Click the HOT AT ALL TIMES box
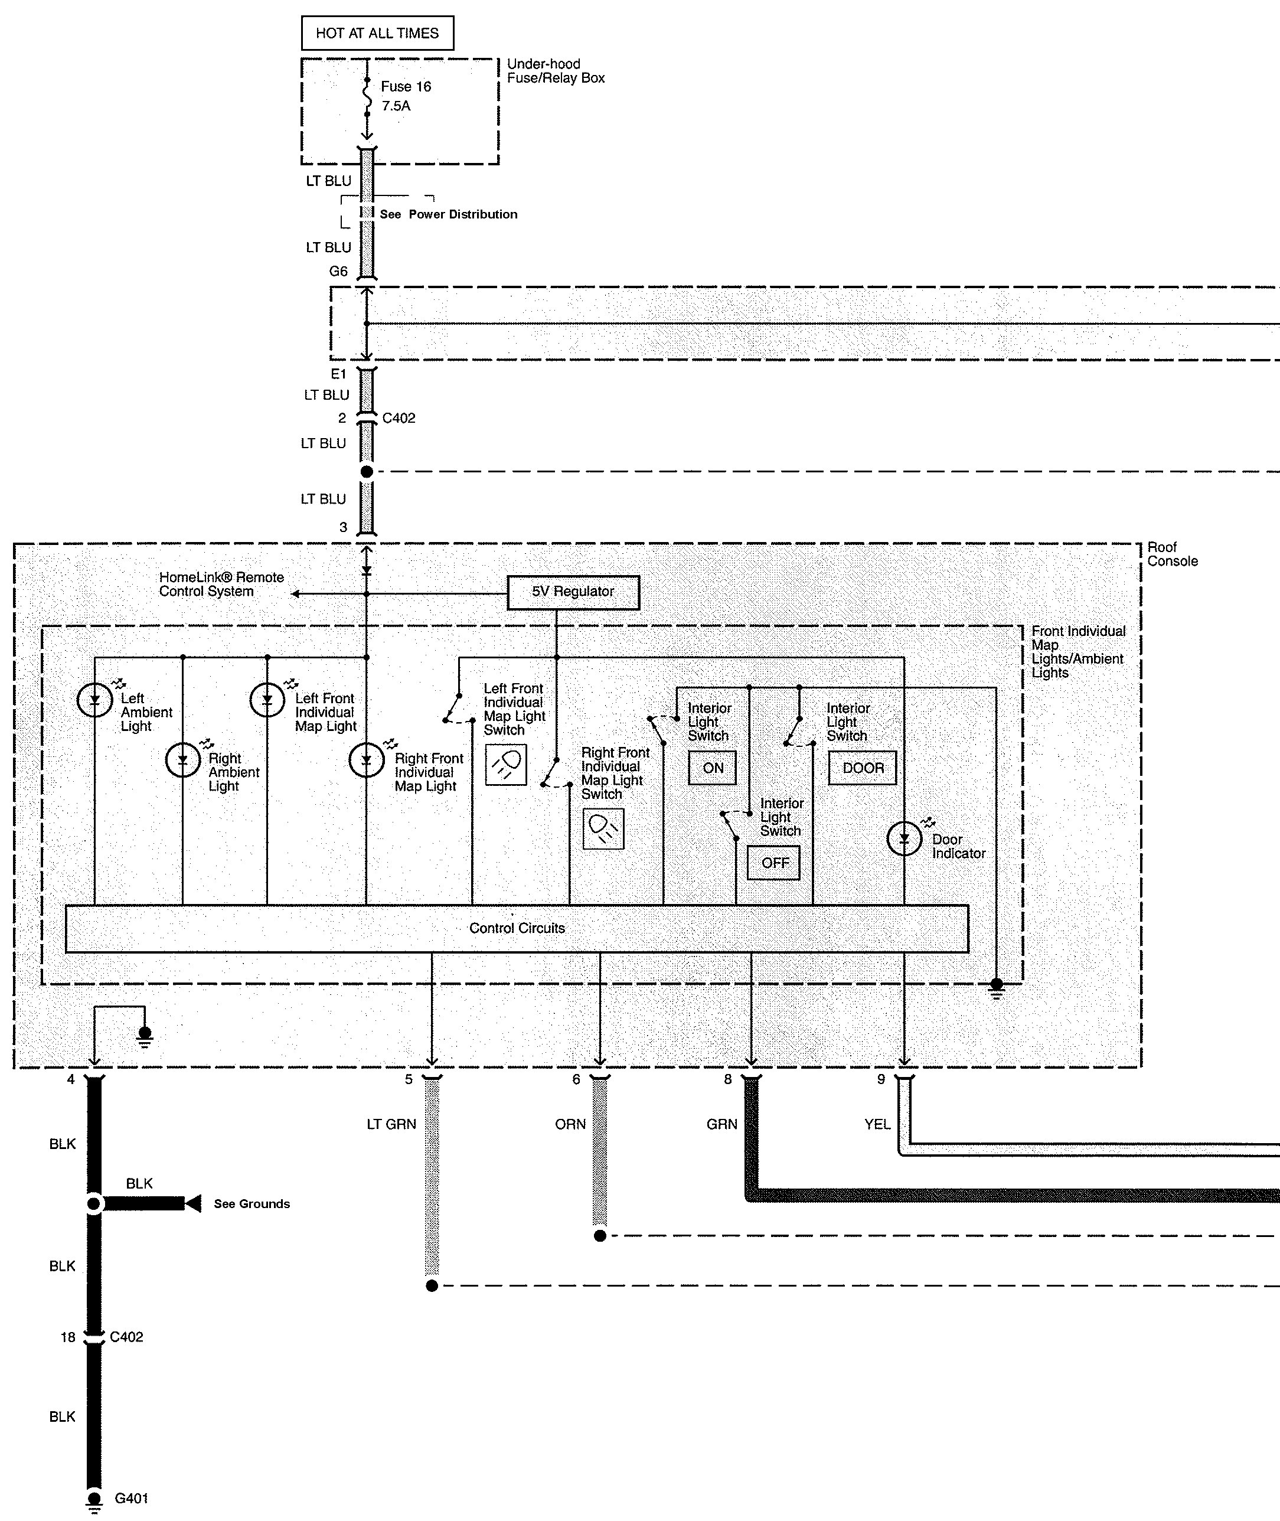point(377,34)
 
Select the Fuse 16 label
point(406,86)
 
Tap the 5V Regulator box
point(573,592)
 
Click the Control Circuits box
point(517,928)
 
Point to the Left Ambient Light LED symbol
point(95,700)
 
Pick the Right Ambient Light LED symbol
point(183,760)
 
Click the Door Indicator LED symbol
point(904,839)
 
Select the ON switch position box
point(712,768)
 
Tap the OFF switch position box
point(773,863)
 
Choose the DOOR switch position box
point(862,768)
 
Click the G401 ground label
point(131,1498)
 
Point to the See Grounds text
point(252,1204)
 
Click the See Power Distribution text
point(449,214)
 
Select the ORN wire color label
point(570,1124)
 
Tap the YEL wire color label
point(877,1124)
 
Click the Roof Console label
point(1172,554)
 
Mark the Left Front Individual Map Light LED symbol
point(267,700)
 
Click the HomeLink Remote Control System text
point(221,584)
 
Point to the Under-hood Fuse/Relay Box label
point(555,71)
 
